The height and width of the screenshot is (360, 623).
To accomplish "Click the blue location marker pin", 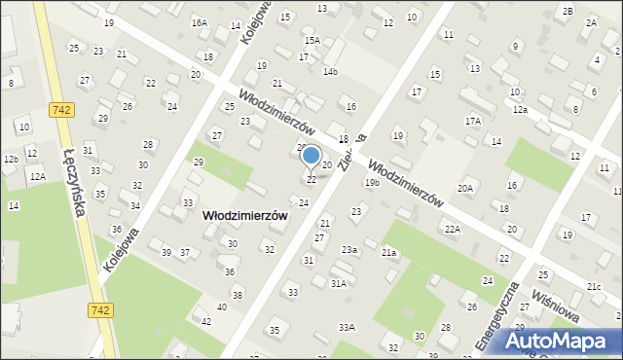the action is (x=311, y=156).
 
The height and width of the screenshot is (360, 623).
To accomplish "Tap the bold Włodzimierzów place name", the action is (x=244, y=217).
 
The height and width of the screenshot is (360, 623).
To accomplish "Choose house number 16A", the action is (x=199, y=22).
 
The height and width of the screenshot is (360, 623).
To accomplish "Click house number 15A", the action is (x=311, y=40).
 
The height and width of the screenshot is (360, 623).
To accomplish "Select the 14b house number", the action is (x=331, y=71).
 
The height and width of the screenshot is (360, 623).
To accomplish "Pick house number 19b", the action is (x=372, y=182).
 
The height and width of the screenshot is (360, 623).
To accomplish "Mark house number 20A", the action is (x=465, y=188).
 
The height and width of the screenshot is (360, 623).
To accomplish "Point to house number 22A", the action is (x=452, y=229).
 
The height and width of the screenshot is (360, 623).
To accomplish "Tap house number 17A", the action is (x=473, y=121).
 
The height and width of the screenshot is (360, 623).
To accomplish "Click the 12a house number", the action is (x=521, y=110).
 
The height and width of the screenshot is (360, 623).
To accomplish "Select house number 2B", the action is (x=568, y=10).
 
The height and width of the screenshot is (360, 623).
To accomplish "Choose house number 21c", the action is (x=594, y=286).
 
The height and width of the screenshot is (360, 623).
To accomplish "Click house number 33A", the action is (x=347, y=327).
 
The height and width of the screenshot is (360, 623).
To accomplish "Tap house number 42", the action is (x=205, y=321).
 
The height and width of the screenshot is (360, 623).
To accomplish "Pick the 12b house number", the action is (x=11, y=159).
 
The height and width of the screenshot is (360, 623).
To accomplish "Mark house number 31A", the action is (x=338, y=283).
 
